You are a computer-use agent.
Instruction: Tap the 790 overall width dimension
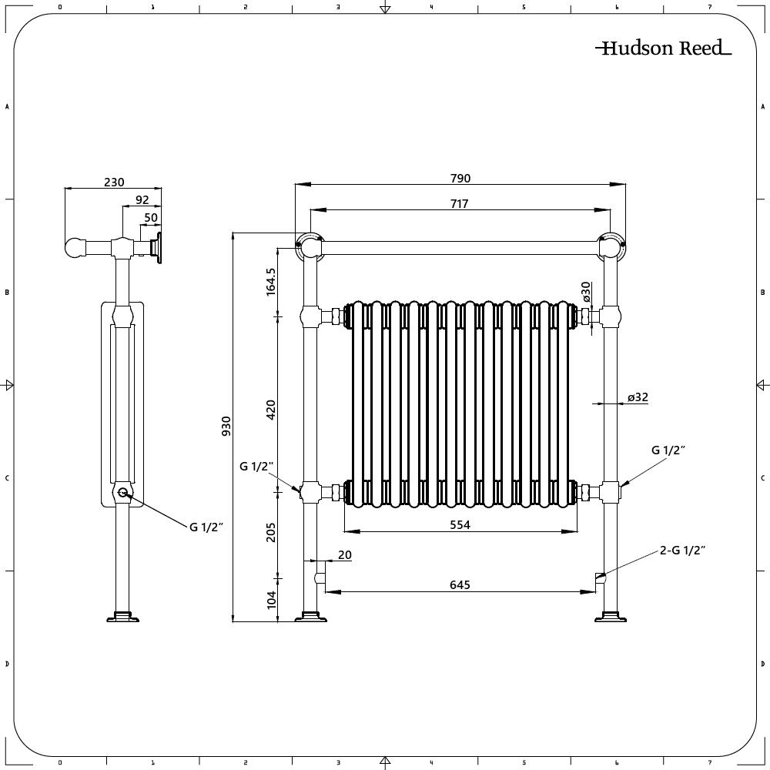(460, 178)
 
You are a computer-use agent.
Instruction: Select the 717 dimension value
(460, 203)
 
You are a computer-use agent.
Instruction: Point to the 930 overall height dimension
(226, 425)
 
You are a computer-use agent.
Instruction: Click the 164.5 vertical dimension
(270, 282)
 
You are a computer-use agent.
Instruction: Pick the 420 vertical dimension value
(270, 408)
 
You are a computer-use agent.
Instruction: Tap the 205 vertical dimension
(270, 531)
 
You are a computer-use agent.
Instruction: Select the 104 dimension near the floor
(270, 600)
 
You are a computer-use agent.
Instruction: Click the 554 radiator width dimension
(460, 524)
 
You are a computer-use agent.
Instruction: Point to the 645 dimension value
(460, 584)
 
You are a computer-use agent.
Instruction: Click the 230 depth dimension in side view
(114, 182)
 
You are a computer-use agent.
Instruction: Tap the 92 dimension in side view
(142, 199)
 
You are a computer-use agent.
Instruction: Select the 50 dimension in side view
(151, 217)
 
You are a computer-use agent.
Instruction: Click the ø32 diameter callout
(638, 397)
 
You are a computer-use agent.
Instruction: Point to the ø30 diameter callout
(586, 292)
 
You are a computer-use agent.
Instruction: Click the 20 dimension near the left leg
(344, 554)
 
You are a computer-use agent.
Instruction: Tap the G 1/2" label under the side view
(206, 527)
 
